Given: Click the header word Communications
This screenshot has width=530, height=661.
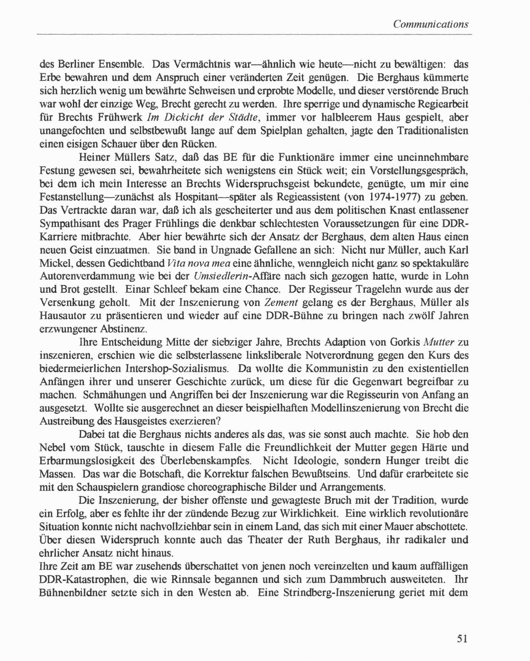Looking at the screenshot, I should (x=430, y=24).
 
